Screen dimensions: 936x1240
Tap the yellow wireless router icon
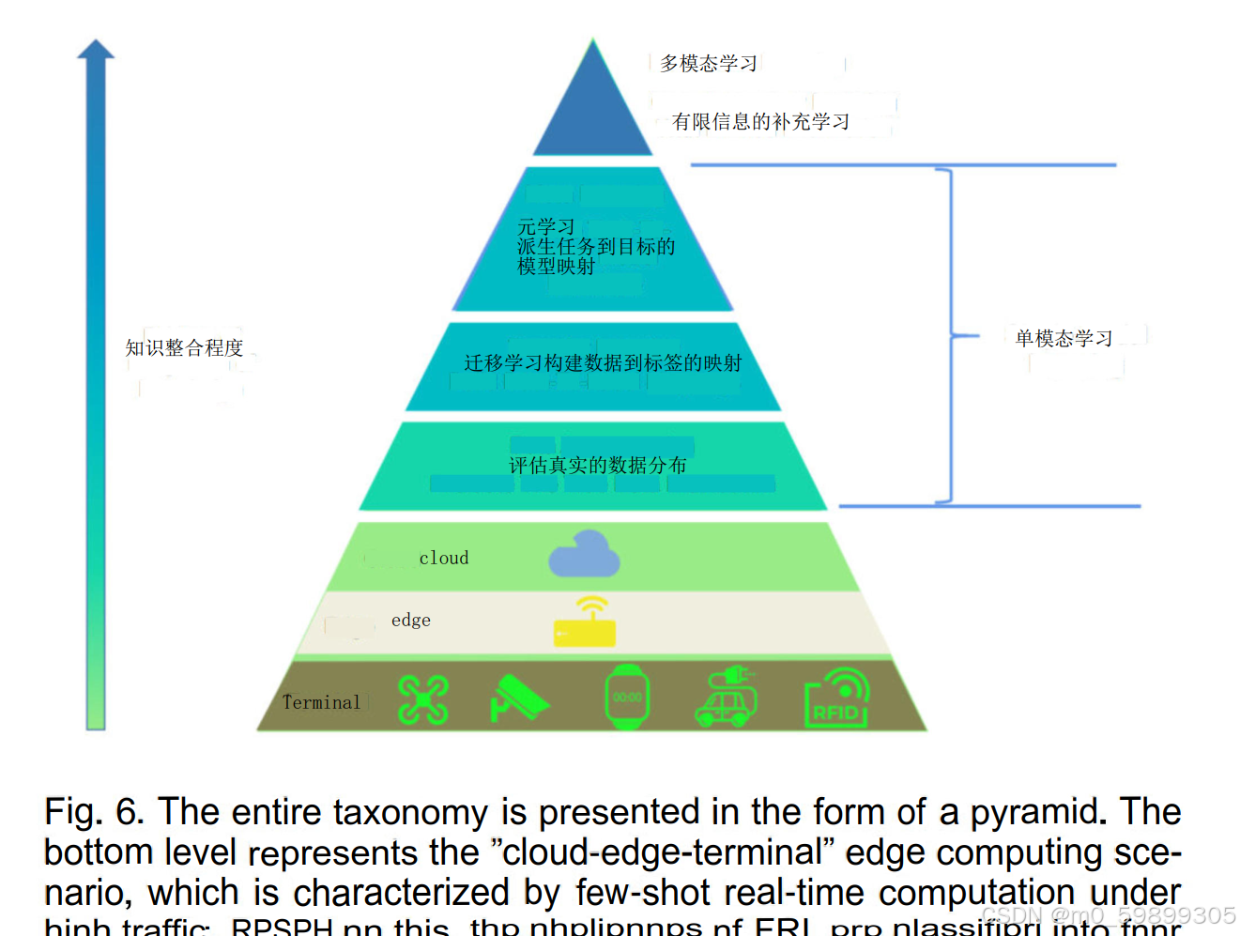(x=585, y=623)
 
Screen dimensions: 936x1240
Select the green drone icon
(x=423, y=699)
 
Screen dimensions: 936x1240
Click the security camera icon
(x=519, y=698)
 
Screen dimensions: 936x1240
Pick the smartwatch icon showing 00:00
(x=627, y=697)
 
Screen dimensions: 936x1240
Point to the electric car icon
(x=727, y=697)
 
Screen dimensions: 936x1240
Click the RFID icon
(x=836, y=698)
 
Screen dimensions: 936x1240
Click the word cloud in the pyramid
(x=444, y=558)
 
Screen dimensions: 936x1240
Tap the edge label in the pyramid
(x=411, y=620)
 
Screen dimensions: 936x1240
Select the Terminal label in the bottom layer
(x=321, y=702)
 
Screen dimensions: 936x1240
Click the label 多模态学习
(x=709, y=63)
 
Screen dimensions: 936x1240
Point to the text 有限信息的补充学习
(x=760, y=121)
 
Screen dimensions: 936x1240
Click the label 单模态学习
(x=1064, y=338)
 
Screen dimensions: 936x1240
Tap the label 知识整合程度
(x=184, y=347)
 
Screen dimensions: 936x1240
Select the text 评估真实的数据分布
(x=597, y=465)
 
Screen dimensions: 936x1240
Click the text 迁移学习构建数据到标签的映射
(x=603, y=362)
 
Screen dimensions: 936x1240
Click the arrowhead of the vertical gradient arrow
(x=96, y=50)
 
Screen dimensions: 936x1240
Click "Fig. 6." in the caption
(x=94, y=811)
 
